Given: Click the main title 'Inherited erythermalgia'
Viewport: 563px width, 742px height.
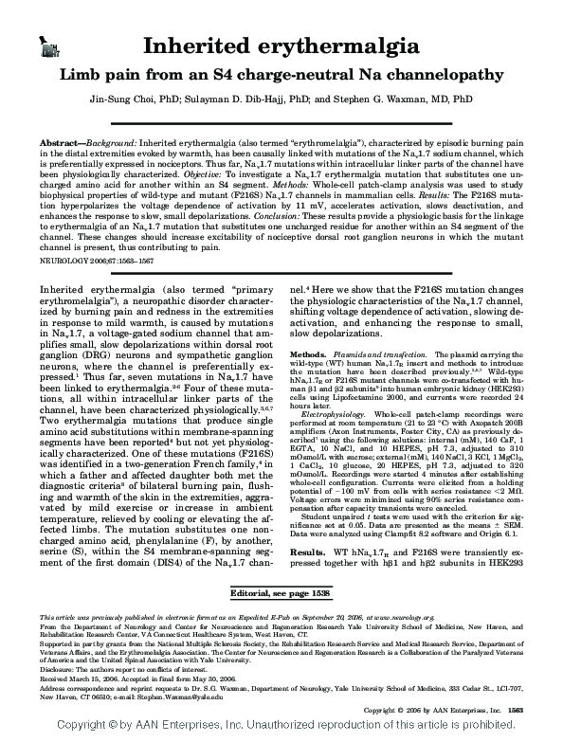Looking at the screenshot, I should coord(281,46).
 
